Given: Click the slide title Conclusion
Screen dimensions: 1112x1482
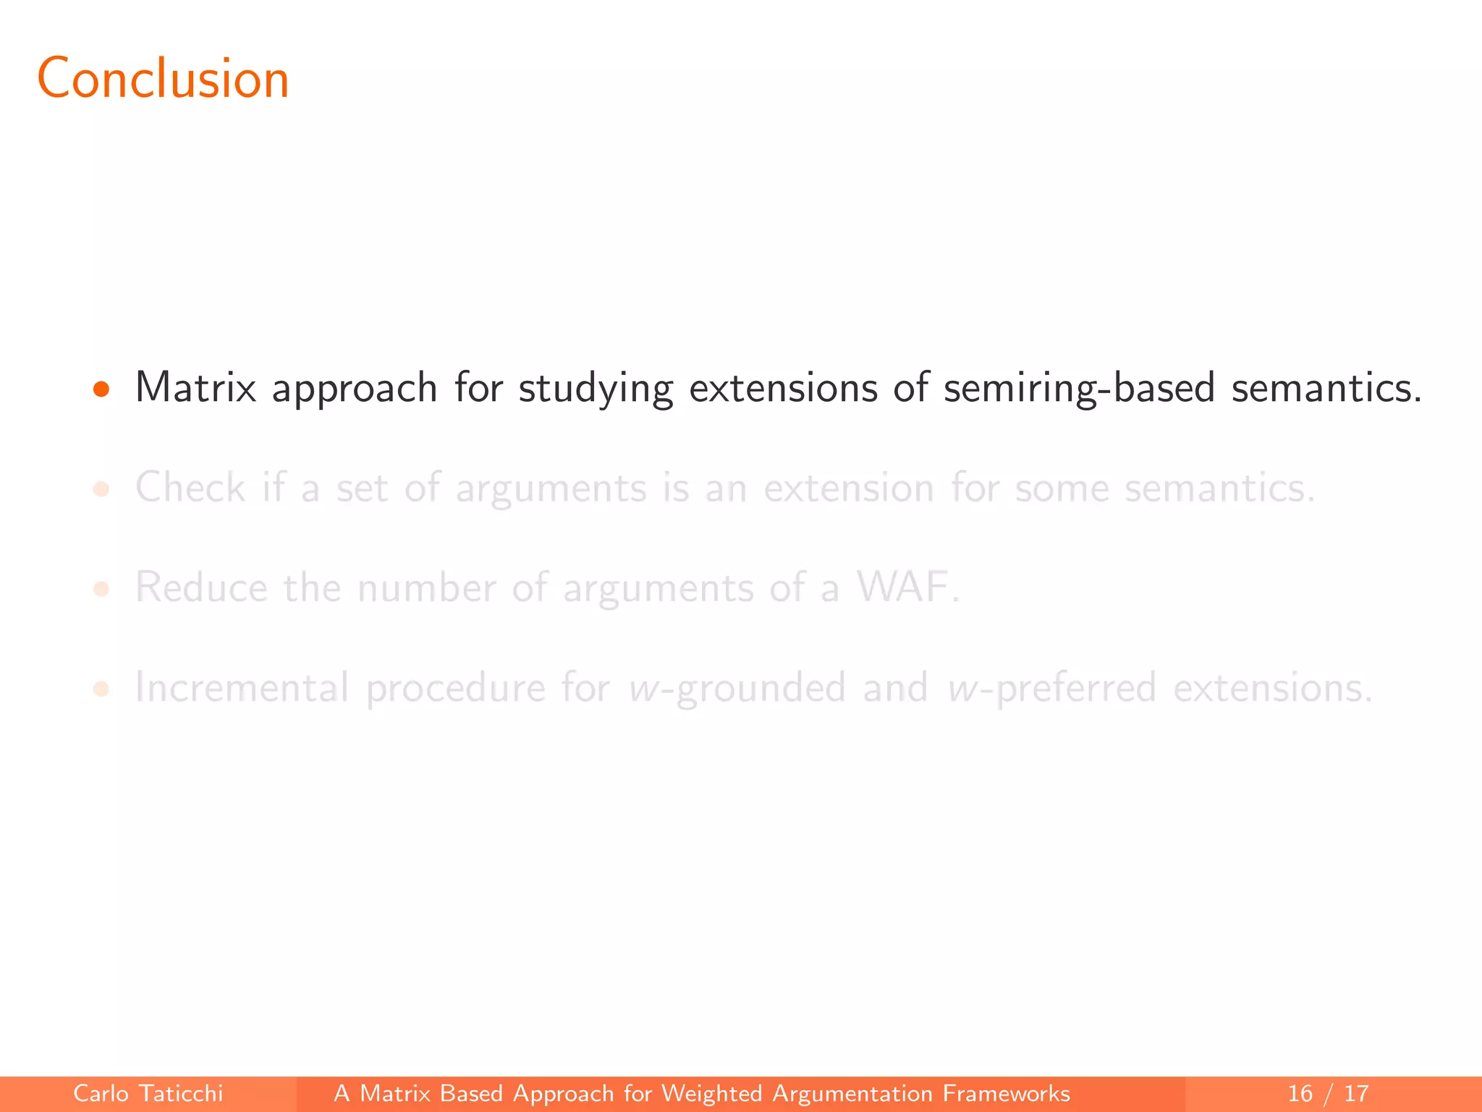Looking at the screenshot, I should [x=163, y=78].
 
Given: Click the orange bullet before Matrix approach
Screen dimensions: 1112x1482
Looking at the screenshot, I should [x=101, y=389].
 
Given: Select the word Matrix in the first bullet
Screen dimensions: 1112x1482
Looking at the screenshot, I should [x=195, y=387].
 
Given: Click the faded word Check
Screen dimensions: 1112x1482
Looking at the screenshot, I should [x=190, y=487].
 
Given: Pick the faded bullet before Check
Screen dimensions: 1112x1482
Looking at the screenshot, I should [x=101, y=489].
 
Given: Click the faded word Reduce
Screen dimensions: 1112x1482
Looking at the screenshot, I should [x=201, y=587].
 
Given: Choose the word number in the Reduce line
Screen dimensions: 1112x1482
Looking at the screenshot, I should [x=426, y=587].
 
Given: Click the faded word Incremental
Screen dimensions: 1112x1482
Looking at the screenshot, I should [x=242, y=687].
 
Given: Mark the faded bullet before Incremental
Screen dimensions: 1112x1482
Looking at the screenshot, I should [x=101, y=688].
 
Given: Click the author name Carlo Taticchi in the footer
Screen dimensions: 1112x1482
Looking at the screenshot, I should [x=148, y=1093].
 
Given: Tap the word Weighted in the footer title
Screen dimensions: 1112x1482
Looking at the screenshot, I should [x=711, y=1093].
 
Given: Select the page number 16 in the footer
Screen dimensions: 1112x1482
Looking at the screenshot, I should [x=1300, y=1093].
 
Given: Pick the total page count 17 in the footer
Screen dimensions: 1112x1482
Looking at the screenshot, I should [x=1356, y=1093].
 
